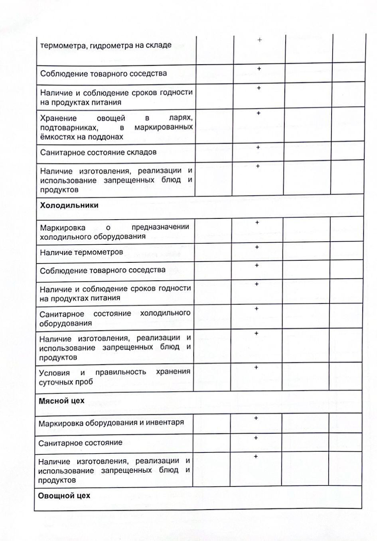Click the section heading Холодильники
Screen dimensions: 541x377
[69, 206]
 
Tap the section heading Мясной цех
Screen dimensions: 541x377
[61, 401]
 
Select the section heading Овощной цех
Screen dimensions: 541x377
[64, 496]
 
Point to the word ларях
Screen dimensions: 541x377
[181, 118]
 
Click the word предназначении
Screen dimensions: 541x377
[160, 227]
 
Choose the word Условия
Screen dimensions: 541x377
[54, 373]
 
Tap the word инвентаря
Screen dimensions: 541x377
[166, 422]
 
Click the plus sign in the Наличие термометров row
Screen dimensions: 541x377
[257, 247]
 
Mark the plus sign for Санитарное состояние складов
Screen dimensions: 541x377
[258, 148]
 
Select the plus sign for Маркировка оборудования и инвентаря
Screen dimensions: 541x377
[256, 418]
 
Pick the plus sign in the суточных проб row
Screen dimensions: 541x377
[257, 367]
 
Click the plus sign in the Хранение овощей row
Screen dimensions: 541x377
[259, 113]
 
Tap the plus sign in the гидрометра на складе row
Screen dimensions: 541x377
[260, 40]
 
